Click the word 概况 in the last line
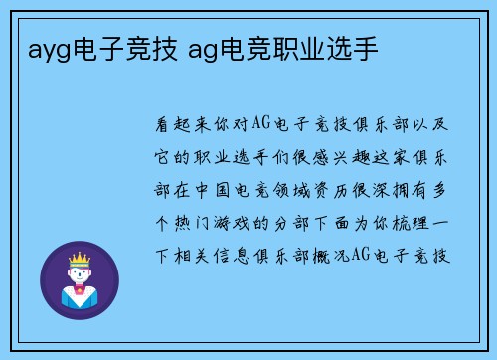pos(334,256)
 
